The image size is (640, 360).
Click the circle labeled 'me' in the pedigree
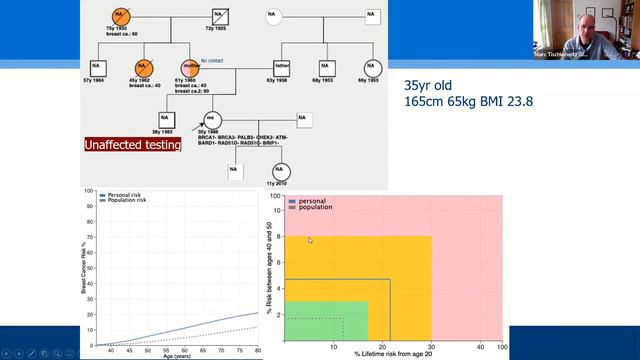click(x=212, y=118)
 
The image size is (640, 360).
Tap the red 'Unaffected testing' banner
click(x=133, y=145)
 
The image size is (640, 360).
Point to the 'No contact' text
click(x=212, y=61)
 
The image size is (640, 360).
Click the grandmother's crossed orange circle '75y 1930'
click(x=119, y=17)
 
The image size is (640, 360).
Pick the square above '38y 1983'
click(x=168, y=118)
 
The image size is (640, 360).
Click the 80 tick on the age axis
click(x=258, y=350)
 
